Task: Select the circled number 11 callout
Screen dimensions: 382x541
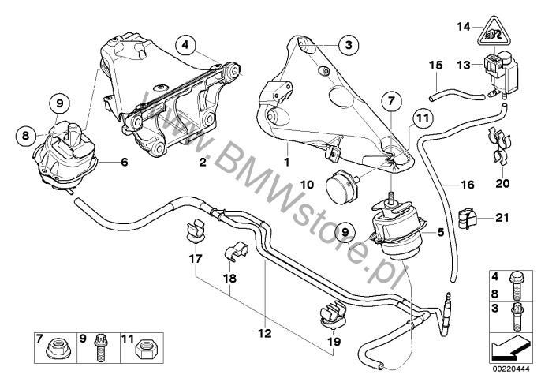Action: point(422,118)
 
